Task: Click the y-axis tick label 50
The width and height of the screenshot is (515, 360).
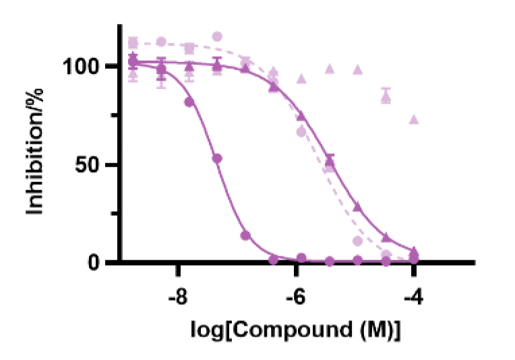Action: (92, 164)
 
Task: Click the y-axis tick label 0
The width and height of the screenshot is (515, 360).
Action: (97, 262)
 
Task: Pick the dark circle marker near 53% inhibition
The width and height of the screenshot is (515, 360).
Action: (217, 158)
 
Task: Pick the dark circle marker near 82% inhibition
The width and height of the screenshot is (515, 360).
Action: (189, 102)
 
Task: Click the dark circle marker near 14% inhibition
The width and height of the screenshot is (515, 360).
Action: (245, 235)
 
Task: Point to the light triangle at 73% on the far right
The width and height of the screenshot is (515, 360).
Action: (414, 120)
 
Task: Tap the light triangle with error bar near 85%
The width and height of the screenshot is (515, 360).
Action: (386, 97)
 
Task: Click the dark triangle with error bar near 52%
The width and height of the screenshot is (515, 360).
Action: (330, 160)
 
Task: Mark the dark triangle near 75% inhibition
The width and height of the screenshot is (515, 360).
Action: (301, 117)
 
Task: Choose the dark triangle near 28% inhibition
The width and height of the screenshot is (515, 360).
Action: (358, 207)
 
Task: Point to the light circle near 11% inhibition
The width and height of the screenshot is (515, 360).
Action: (358, 241)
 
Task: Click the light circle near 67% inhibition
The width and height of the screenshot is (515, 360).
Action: (301, 131)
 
